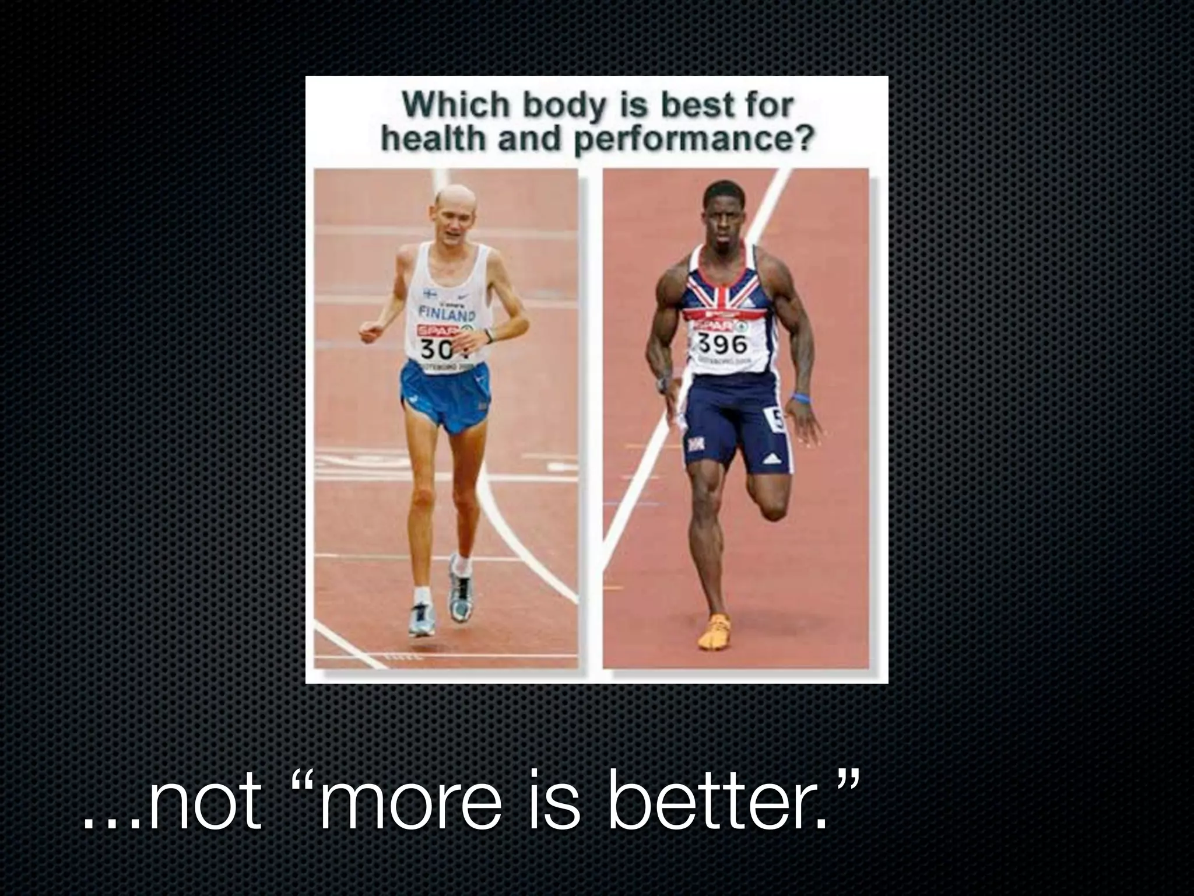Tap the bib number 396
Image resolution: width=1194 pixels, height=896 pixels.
coord(723,344)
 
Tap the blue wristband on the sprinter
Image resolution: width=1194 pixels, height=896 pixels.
coord(800,398)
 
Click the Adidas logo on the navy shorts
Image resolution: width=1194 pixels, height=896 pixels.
coord(773,459)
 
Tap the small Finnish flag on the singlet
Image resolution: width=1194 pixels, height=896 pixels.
coord(430,293)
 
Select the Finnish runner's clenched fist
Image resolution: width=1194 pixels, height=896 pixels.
coord(370,332)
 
